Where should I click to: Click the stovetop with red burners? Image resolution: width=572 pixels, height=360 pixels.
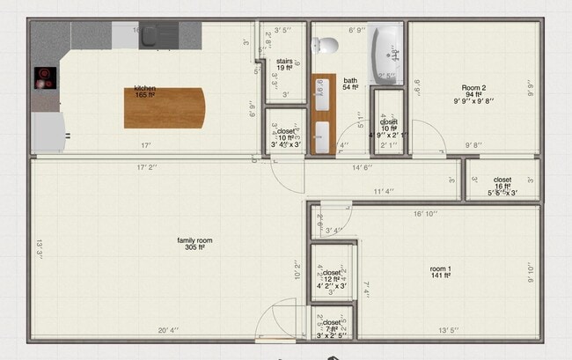45,78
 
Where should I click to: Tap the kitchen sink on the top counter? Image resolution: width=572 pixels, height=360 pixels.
153,36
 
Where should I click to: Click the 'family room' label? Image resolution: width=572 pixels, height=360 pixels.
194,244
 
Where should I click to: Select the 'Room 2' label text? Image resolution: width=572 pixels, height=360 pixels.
474,88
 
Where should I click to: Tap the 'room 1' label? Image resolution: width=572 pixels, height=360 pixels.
440,270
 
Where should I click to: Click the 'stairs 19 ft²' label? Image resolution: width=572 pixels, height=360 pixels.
283,64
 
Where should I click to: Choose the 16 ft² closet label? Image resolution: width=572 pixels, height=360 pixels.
502,183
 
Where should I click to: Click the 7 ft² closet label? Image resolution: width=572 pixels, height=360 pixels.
332,326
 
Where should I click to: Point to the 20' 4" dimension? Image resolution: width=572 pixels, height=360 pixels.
169,331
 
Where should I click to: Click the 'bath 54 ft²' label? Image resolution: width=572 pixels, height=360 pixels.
350,84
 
